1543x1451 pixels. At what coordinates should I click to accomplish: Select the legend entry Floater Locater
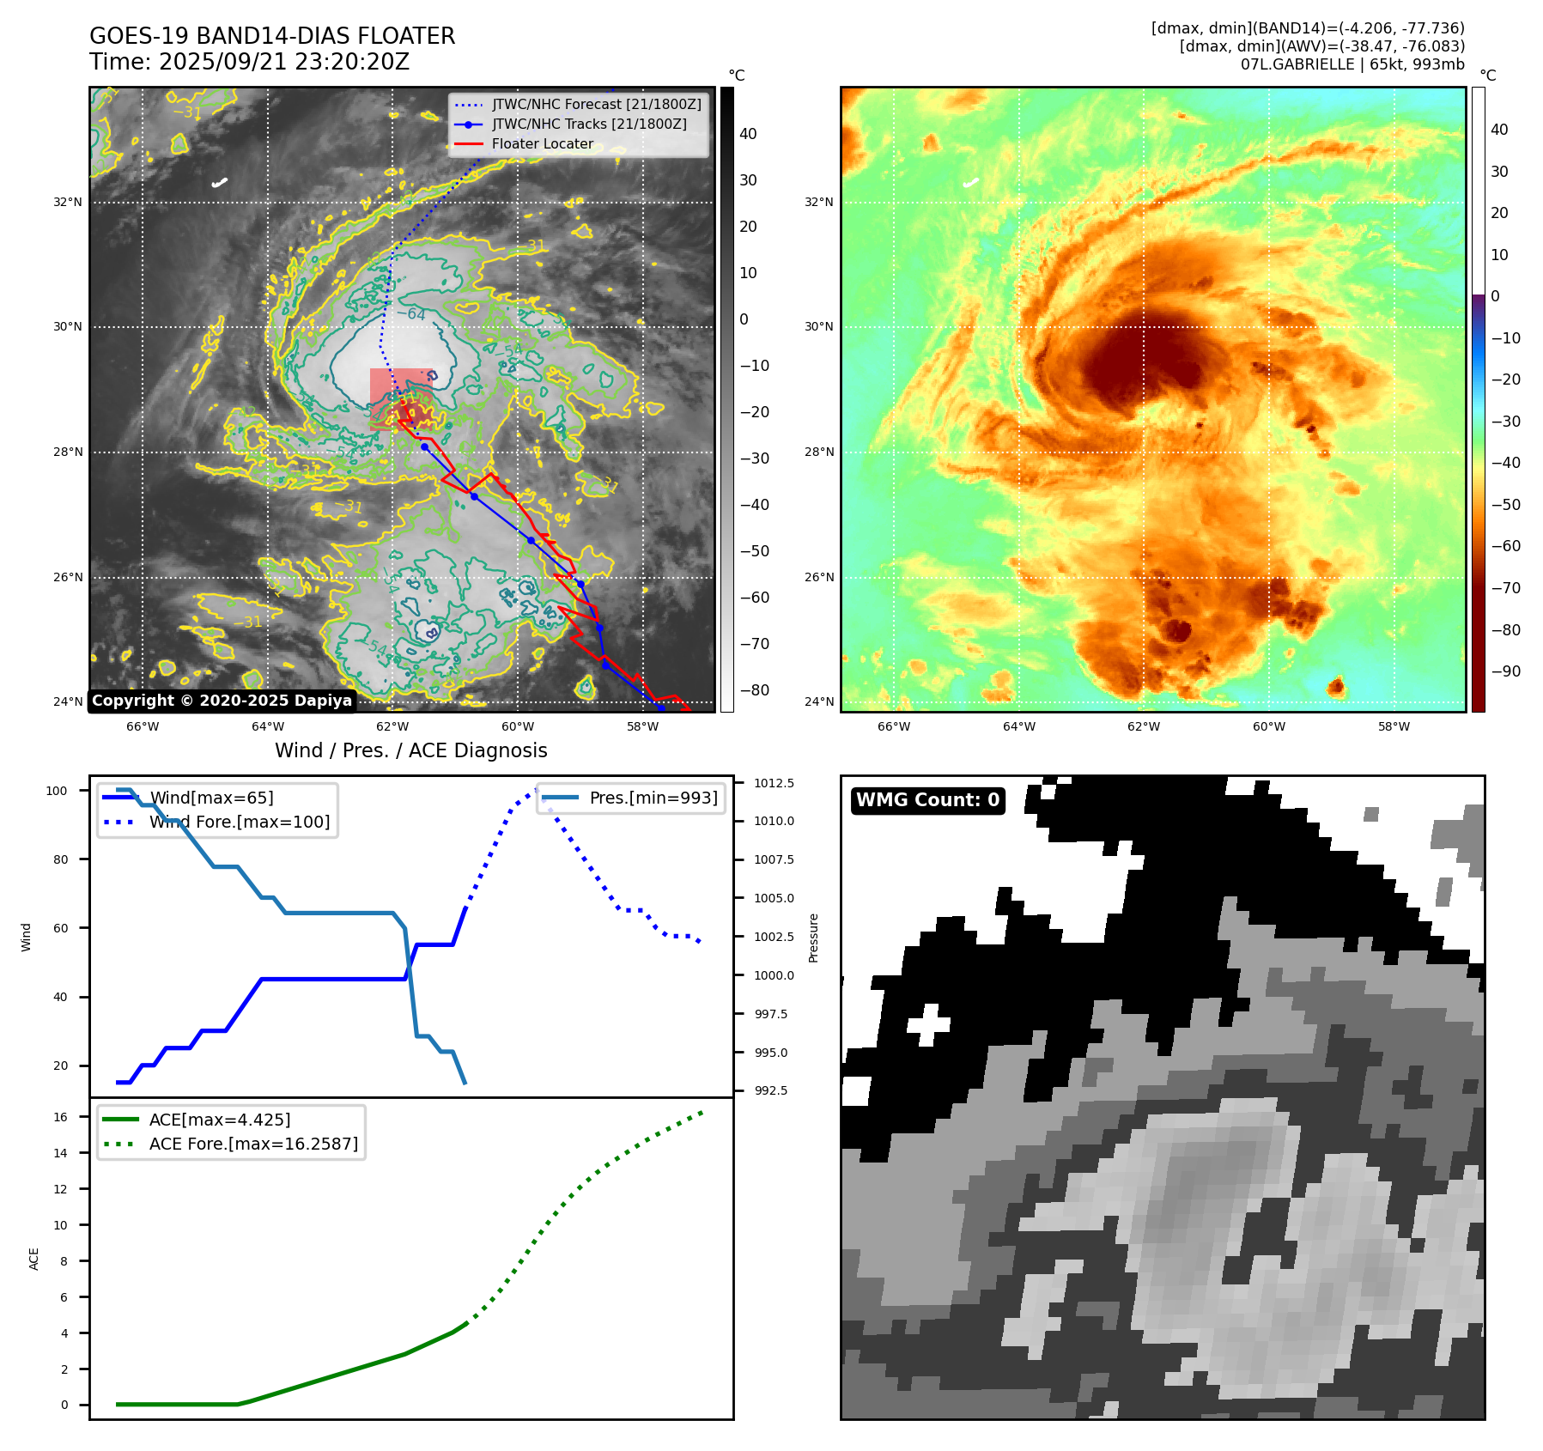[x=542, y=144]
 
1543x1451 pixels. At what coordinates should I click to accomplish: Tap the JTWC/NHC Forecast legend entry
[x=596, y=105]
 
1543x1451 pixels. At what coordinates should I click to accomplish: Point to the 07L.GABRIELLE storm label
[x=1352, y=64]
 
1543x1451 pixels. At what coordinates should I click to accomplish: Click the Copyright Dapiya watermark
[x=222, y=701]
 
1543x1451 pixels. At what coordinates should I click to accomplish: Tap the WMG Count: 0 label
[x=927, y=800]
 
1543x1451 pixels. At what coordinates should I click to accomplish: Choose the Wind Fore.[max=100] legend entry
[x=239, y=822]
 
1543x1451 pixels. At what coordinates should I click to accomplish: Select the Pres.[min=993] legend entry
[x=653, y=798]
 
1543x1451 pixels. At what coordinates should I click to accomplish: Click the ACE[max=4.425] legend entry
[x=220, y=1120]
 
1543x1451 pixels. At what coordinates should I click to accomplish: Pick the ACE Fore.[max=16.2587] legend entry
[x=253, y=1144]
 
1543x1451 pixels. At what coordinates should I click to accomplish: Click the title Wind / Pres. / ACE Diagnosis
[x=410, y=750]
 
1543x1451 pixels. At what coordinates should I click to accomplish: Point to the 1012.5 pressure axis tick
[x=774, y=783]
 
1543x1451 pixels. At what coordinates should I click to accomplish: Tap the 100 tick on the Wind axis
[x=57, y=791]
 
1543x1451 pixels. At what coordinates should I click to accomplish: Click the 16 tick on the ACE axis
[x=60, y=1117]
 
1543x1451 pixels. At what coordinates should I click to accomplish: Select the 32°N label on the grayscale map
[x=68, y=203]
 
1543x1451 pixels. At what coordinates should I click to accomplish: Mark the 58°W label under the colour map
[x=1394, y=726]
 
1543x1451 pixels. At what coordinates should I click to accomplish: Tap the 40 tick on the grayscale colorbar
[x=748, y=134]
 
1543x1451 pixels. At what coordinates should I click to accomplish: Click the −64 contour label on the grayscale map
[x=411, y=315]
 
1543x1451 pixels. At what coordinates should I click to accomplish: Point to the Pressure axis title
[x=813, y=937]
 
